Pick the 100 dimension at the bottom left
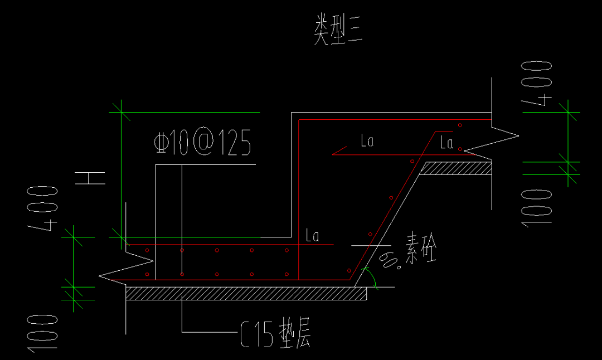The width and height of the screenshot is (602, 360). [x=43, y=333]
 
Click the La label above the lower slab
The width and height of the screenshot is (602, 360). [x=312, y=236]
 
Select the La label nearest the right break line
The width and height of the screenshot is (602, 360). [x=446, y=143]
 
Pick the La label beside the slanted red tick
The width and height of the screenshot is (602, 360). [x=367, y=142]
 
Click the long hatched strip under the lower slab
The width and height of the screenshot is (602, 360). [x=246, y=294]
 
